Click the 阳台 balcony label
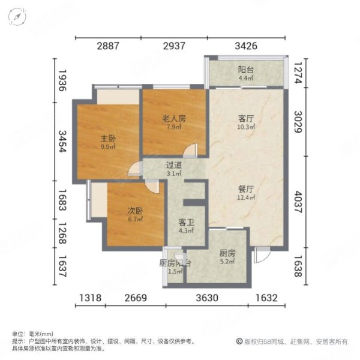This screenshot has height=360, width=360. [246, 70]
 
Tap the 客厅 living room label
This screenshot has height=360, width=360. [245, 118]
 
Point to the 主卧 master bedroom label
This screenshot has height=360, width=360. [108, 138]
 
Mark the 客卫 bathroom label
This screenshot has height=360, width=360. [185, 222]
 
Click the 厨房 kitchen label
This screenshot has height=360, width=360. [227, 253]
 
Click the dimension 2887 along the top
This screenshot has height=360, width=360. [108, 46]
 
